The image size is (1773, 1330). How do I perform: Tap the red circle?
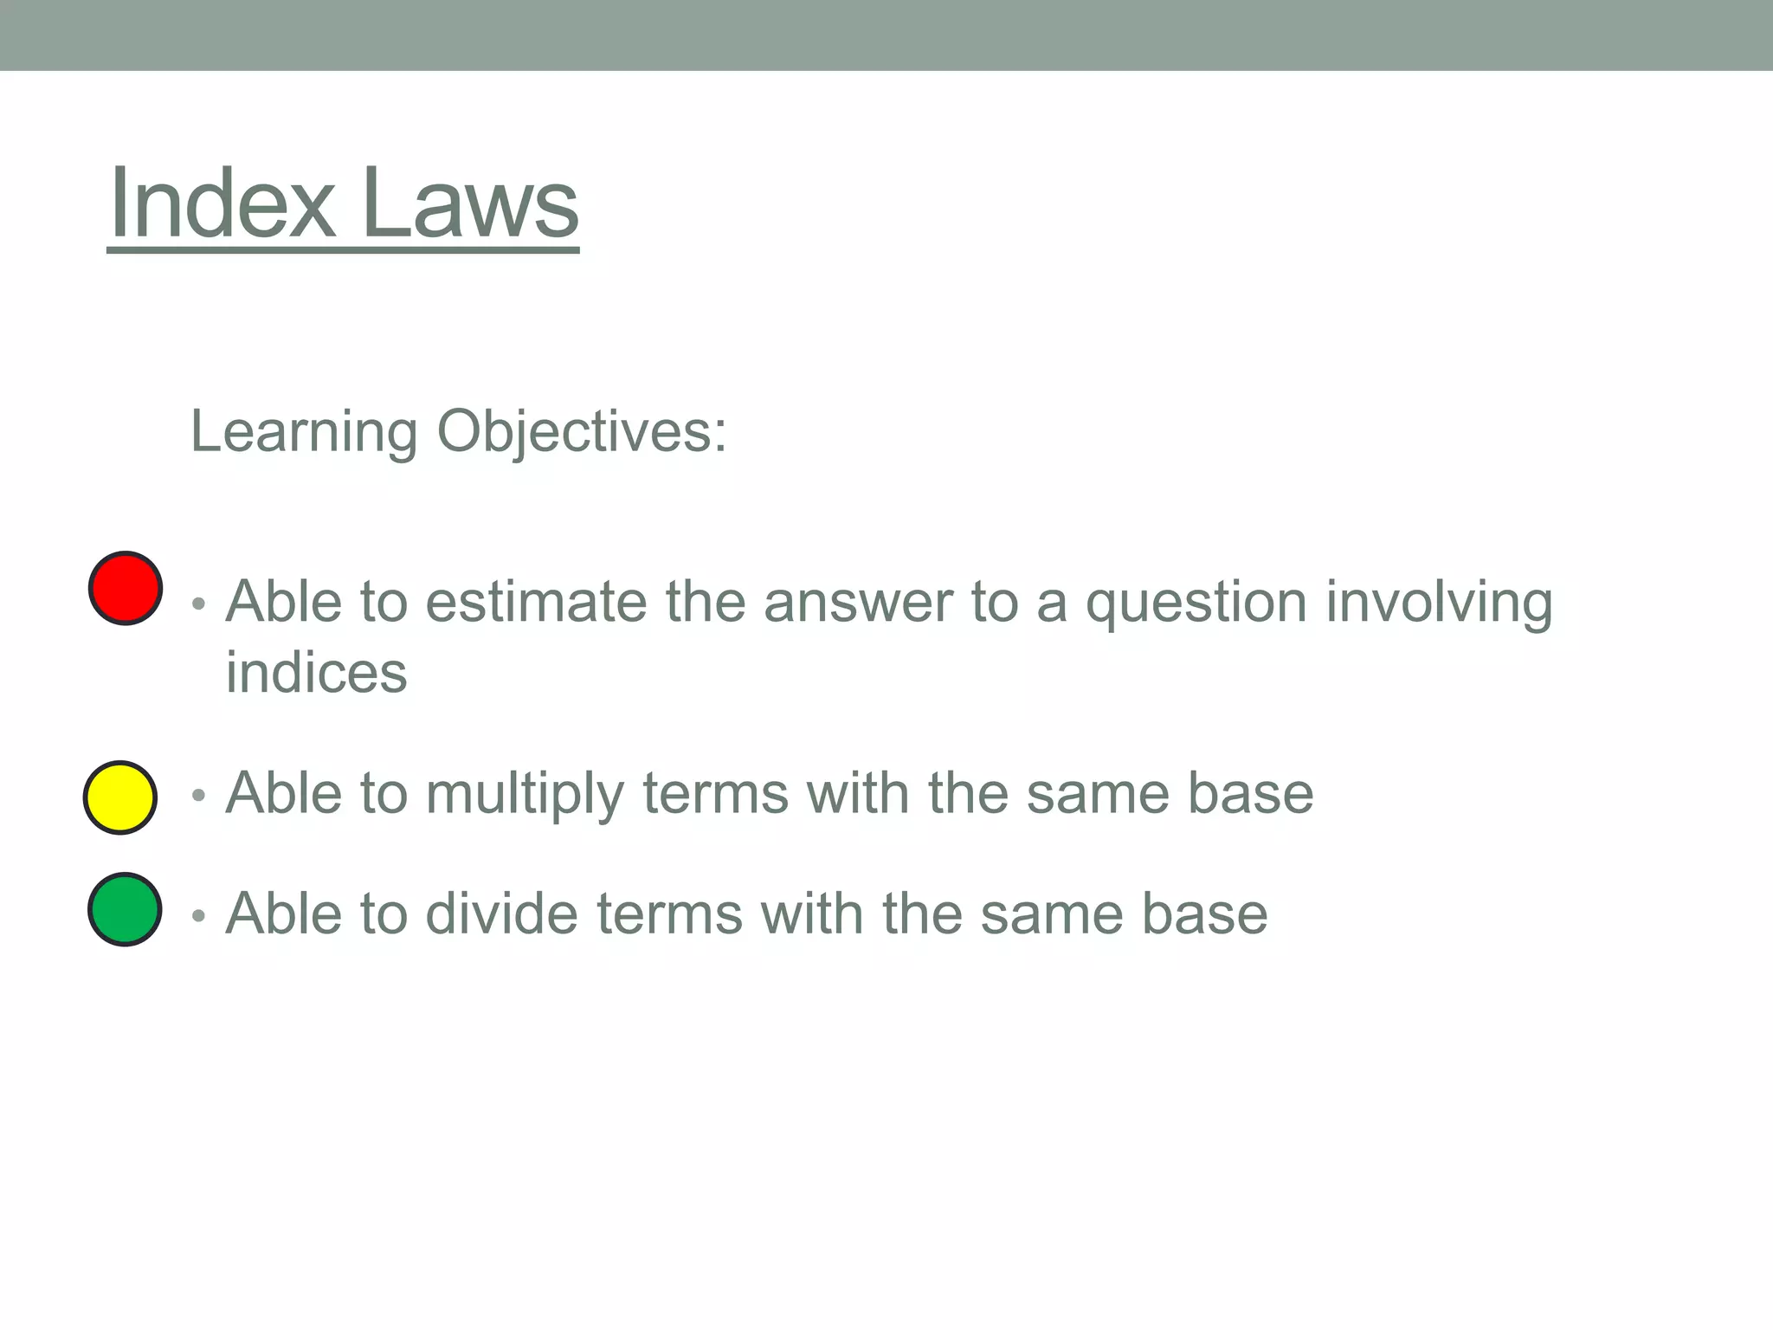pos(126,588)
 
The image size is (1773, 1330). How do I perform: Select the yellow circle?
pos(120,797)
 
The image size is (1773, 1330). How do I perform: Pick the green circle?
pos(125,909)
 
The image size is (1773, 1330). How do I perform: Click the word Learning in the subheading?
pos(303,432)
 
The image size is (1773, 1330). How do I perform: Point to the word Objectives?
pos(581,432)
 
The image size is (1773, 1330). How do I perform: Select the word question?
pos(1196,604)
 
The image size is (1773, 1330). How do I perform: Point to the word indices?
pos(316,673)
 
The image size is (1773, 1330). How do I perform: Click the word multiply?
pos(524,794)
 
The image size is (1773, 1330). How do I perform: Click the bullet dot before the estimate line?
pos(199,604)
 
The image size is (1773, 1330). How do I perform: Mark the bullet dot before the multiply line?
pos(199,795)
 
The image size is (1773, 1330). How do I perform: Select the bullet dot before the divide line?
pos(199,915)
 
